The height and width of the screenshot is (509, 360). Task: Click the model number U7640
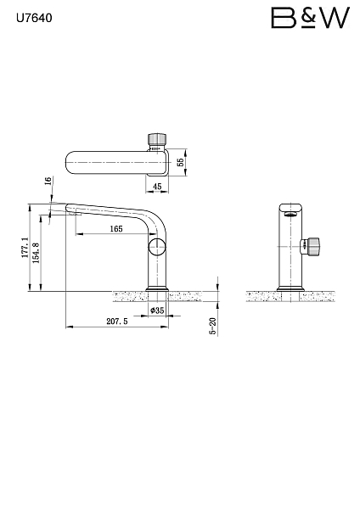34,18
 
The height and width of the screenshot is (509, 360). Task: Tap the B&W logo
310,18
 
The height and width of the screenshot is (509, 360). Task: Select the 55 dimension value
181,162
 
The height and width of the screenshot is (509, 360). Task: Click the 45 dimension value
157,187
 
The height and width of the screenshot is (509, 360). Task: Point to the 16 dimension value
48,181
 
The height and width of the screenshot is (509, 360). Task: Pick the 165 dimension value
116,229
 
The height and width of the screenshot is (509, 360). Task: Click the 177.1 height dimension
25,248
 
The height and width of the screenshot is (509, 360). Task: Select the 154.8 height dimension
36,253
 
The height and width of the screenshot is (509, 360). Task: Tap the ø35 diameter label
157,310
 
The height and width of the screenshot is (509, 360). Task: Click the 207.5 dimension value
117,322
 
